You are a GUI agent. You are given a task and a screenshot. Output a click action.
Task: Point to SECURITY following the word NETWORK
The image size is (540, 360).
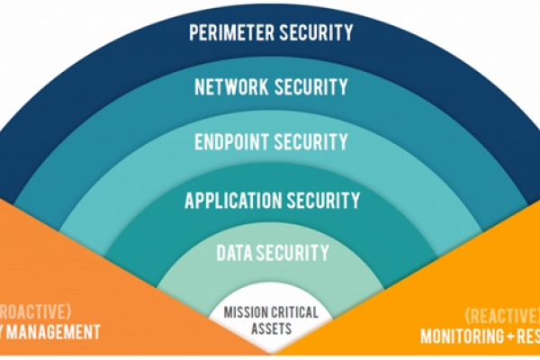pos(310,88)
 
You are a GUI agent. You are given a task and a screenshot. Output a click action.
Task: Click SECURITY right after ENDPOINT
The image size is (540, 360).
pos(310,142)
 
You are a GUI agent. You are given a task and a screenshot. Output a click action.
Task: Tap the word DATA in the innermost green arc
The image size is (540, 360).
pos(228,253)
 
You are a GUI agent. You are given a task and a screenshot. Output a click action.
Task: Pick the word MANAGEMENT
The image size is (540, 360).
pos(57,333)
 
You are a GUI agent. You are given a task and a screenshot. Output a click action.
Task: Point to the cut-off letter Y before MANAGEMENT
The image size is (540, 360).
pos(4,333)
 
